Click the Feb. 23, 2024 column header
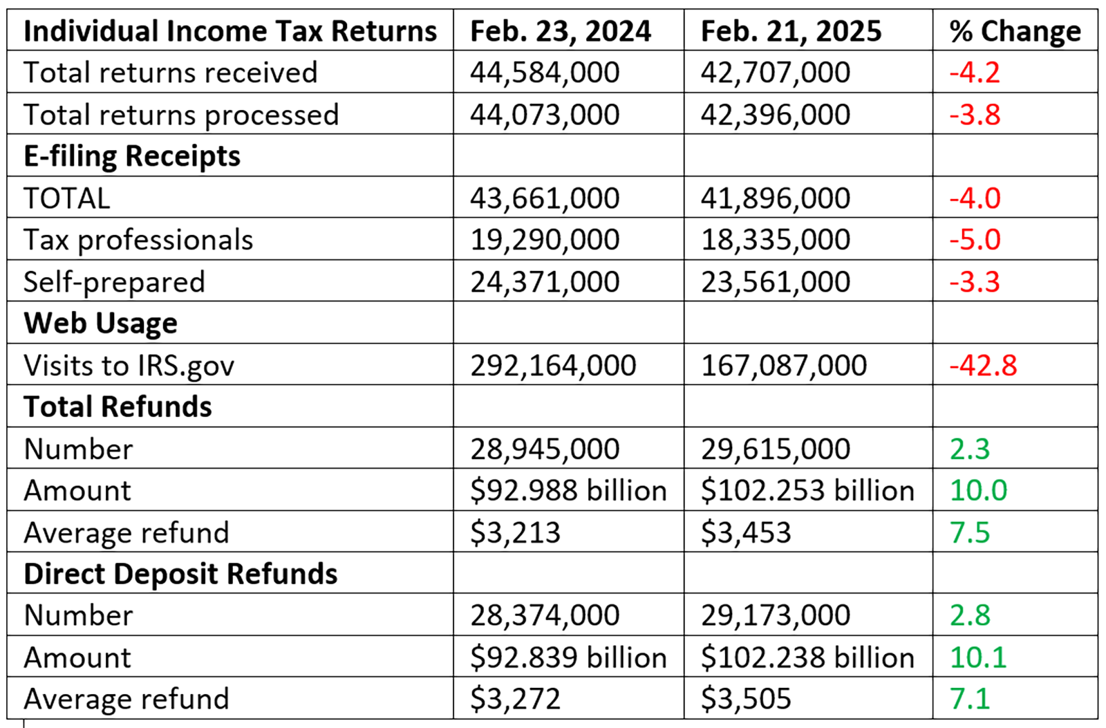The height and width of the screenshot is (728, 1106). pos(560,31)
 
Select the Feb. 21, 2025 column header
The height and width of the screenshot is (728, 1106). pos(791,31)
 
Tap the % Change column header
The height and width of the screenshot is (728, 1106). pos(1014,31)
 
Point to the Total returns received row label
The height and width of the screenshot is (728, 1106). pos(170,73)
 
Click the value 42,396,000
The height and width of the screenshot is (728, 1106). pos(775,115)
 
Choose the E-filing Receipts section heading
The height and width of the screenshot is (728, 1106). pos(131,156)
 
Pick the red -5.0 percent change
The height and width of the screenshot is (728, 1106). pos(975,240)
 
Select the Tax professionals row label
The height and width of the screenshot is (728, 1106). pos(138,240)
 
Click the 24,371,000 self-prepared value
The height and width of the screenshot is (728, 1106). pos(545,282)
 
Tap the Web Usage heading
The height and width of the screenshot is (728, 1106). pos(100,324)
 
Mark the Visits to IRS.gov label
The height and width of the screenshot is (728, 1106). pos(129,366)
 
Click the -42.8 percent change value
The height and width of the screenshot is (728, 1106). pos(983,366)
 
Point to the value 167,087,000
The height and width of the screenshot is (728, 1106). pos(783,366)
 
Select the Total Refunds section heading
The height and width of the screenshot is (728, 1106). pos(118,407)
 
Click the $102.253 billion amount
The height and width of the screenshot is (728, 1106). pos(807,491)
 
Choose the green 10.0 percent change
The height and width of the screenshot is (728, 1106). pos(978,491)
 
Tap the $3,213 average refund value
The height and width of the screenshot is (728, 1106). pos(515,533)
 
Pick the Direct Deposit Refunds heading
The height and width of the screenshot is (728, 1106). pos(180,575)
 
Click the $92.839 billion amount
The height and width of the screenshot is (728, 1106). pos(568,657)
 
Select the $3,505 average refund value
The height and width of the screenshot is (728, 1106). pos(745,699)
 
